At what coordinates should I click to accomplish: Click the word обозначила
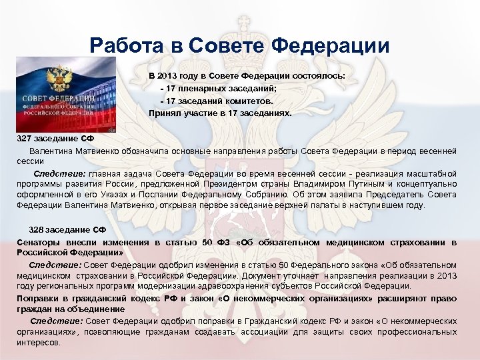coord(145,151)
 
